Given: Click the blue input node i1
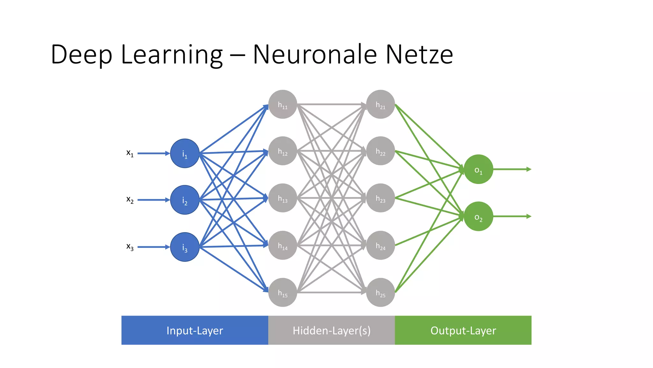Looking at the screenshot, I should coord(185,153).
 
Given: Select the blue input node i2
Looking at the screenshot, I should coord(185,200).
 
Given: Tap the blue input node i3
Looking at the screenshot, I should coord(185,247).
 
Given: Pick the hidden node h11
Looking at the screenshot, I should coord(282,104).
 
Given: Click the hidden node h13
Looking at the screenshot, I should coord(282,198).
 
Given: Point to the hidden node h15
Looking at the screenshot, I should coord(282,292).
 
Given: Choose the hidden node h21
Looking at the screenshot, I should coord(380,104).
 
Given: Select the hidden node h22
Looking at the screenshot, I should coord(380,151).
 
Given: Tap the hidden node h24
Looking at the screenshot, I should coord(380,245).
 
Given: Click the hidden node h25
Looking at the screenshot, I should coord(380,292).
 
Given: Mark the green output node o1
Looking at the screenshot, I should coord(478,169).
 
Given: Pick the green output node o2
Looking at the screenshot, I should coord(478,216).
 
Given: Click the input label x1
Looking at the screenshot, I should coord(130,153).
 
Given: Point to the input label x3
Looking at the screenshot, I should coord(130,247).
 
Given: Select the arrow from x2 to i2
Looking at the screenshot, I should coord(153,200).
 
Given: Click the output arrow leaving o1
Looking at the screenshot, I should coord(512,169).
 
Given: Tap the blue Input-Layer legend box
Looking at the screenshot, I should coord(194,330).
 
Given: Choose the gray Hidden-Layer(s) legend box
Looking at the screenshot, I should coord(331,330).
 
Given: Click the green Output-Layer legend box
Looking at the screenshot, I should coord(463,330).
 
